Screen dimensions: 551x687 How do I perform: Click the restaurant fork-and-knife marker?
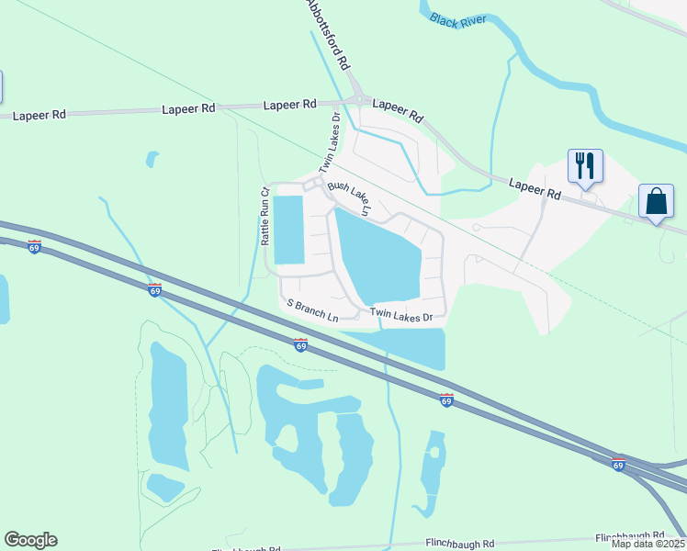585,167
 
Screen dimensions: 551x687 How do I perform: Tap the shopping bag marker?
657,202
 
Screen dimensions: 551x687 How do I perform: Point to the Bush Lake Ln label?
349,198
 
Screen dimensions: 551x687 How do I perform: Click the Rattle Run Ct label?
265,217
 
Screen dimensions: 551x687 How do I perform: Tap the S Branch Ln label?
312,309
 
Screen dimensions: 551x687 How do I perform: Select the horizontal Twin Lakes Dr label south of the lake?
401,314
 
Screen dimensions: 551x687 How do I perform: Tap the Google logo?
30,540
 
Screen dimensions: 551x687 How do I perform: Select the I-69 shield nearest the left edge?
34,247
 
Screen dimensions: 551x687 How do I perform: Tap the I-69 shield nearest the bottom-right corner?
618,466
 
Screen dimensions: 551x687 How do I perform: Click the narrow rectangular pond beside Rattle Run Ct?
287,230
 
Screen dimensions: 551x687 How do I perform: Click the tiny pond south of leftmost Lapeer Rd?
152,159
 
